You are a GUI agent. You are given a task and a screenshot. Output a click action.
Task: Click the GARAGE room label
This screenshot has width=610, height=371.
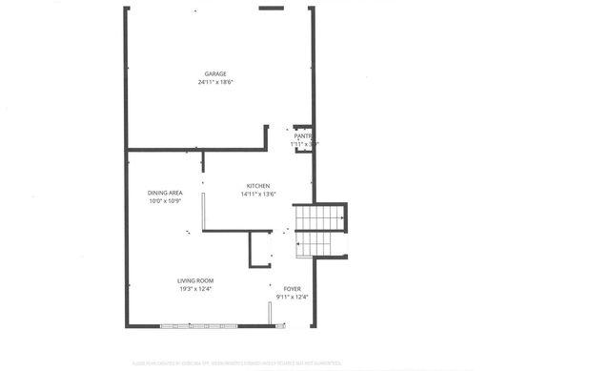pos(215,74)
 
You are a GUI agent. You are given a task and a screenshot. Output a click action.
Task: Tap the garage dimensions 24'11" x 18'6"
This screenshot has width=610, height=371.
pos(215,83)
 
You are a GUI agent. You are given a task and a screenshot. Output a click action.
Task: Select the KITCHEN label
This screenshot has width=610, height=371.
pos(258,186)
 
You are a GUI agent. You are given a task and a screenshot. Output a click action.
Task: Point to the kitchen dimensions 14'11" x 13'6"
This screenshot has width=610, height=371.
pos(258,195)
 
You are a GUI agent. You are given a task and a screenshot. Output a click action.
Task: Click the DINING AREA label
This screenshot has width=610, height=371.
pos(164,194)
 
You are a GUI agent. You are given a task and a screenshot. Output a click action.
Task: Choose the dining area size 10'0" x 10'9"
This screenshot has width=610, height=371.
pos(164,202)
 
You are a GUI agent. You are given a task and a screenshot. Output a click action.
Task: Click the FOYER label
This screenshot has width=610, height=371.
pos(292,288)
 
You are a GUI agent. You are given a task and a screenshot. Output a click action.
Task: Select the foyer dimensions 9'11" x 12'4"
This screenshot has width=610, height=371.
pos(292,297)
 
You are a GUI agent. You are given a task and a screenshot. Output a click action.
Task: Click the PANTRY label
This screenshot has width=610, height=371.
pos(303,136)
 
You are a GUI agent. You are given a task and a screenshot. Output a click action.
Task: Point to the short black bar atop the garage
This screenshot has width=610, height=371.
pos(272,9)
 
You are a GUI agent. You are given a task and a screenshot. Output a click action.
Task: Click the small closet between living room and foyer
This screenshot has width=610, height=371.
pos(260,249)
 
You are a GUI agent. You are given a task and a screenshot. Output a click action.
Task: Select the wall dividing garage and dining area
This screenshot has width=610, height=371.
pos(196,150)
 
